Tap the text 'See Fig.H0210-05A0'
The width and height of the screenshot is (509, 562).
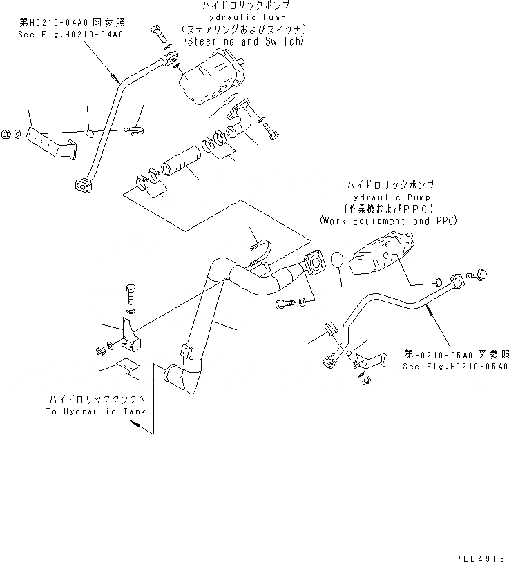pos(455,367)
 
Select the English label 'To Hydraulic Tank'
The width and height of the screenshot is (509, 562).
pos(96,411)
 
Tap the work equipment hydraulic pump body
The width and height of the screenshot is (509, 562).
pos(381,257)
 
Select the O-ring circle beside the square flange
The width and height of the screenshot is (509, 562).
pos(336,260)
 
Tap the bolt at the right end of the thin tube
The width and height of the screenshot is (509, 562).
pos(477,275)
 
